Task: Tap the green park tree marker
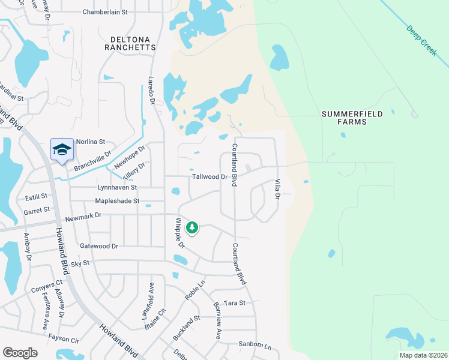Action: tap(192, 227)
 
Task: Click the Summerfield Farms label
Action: tap(352, 118)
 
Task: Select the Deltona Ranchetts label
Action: tap(130, 43)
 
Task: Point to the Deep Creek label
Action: tap(421, 40)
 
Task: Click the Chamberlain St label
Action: tap(106, 12)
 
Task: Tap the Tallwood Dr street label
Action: tap(210, 177)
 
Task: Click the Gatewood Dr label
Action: tap(99, 246)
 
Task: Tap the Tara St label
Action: tap(234, 303)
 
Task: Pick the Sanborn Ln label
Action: tap(255, 347)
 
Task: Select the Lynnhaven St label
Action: tap(117, 188)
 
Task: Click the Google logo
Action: tap(20, 353)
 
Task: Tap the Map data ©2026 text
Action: tap(423, 355)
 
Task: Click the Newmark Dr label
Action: tap(84, 215)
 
